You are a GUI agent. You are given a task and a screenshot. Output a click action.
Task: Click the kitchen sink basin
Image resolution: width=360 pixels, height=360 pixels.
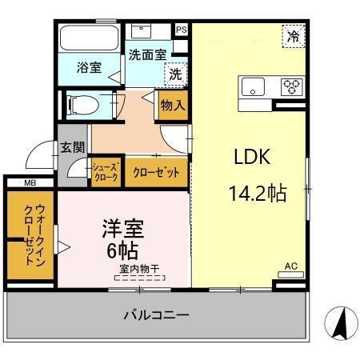point(254,86)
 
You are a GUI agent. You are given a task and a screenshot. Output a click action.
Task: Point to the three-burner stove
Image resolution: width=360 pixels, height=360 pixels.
point(289,86)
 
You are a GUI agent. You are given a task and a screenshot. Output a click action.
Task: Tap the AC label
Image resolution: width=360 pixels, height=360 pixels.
point(290,266)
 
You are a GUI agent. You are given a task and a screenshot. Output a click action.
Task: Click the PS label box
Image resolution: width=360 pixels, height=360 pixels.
point(182,30)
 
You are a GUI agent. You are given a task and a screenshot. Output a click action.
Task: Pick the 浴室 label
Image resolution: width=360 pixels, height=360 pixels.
point(88,68)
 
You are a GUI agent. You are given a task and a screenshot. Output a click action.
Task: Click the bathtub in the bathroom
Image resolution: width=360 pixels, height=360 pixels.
point(89,38)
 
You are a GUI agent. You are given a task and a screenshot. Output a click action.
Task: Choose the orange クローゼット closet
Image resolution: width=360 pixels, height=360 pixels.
point(155,171)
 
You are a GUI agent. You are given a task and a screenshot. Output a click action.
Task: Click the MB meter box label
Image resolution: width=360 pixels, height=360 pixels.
point(30,183)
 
